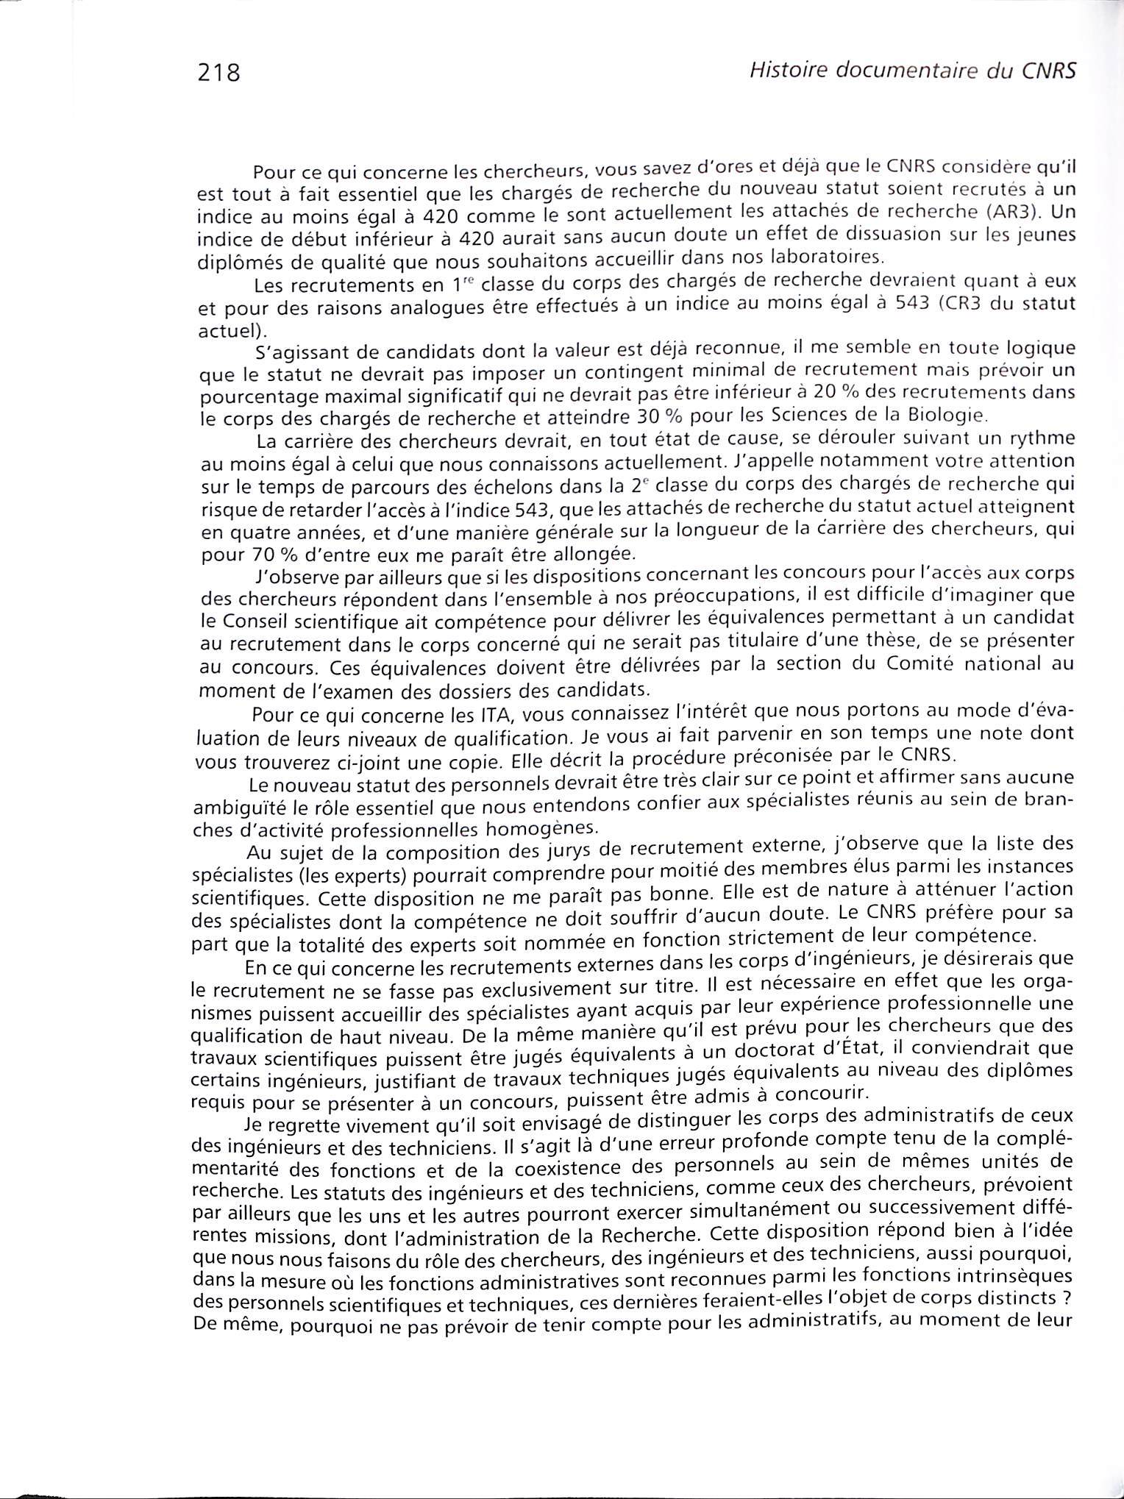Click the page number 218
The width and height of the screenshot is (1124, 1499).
pyautogui.click(x=219, y=74)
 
